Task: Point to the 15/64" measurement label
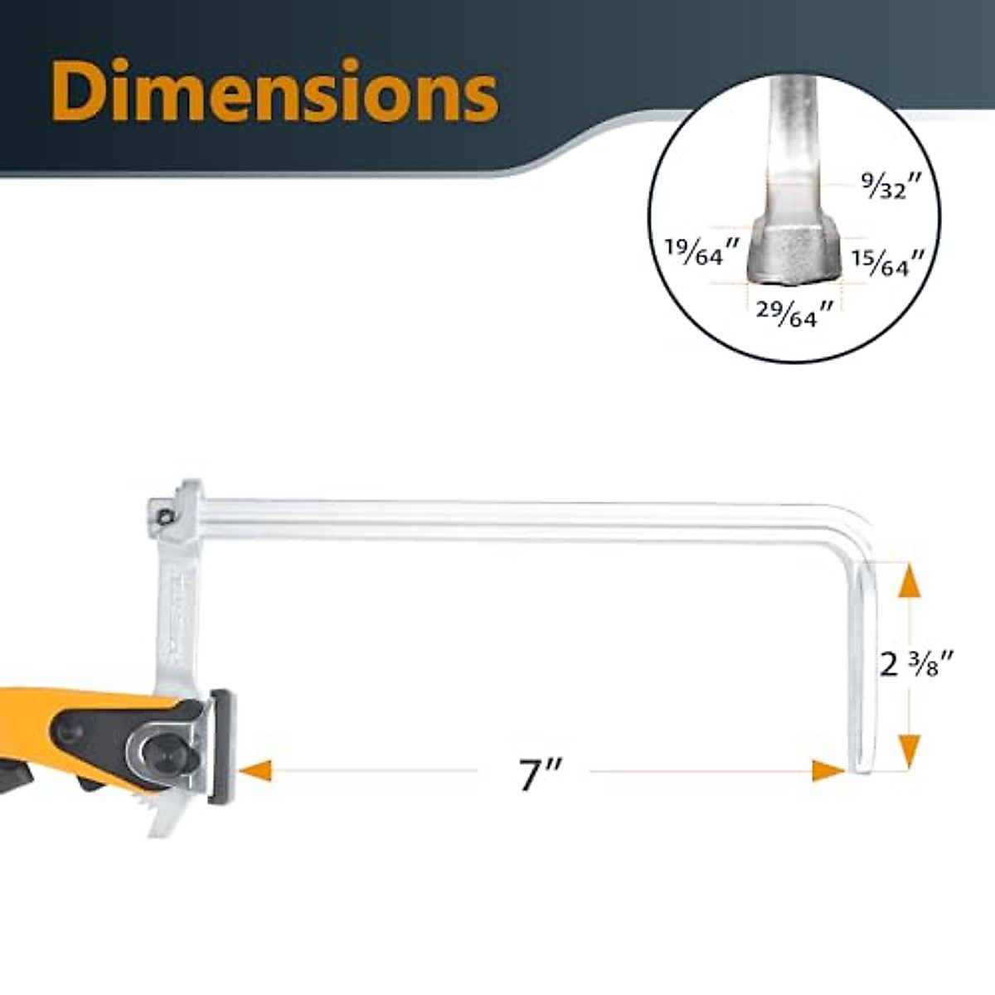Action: pyautogui.click(x=885, y=263)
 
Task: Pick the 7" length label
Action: pyautogui.click(x=541, y=773)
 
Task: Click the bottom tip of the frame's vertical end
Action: pyautogui.click(x=861, y=767)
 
